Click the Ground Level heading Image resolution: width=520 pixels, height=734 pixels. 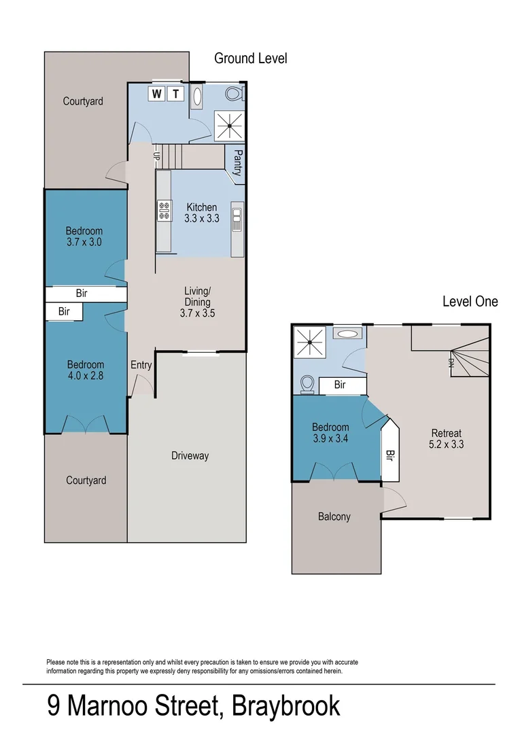(x=250, y=58)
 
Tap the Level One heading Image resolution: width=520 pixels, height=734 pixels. (x=470, y=301)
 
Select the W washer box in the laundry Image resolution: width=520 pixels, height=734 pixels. (x=157, y=94)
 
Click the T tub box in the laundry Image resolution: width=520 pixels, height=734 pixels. (x=176, y=94)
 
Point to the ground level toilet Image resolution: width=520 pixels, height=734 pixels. (x=232, y=94)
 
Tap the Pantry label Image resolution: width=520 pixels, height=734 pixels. (x=238, y=163)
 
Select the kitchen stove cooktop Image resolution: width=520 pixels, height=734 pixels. (x=163, y=211)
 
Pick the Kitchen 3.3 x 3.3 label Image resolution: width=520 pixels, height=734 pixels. (x=201, y=213)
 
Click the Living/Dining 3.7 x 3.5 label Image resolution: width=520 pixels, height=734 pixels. (x=197, y=302)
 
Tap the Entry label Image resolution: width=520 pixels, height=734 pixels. (x=141, y=365)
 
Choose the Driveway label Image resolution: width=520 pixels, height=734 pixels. (x=190, y=455)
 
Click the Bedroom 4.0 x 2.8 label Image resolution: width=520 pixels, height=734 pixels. (x=85, y=370)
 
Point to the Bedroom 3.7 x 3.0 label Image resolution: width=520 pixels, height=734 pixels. (x=84, y=236)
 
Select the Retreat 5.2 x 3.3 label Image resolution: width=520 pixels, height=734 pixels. (x=446, y=439)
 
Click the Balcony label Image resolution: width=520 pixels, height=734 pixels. (x=334, y=517)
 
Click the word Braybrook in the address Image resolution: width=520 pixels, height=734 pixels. (x=285, y=706)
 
